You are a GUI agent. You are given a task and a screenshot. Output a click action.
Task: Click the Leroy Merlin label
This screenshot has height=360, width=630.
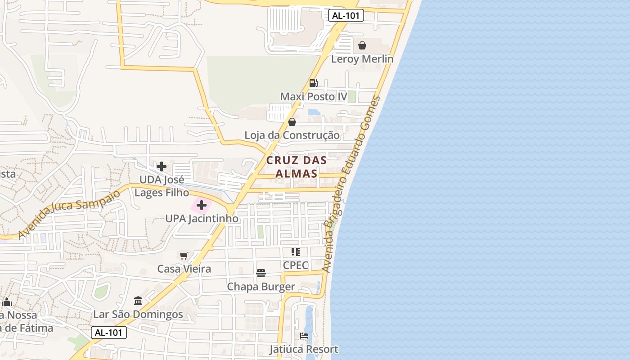(362, 59)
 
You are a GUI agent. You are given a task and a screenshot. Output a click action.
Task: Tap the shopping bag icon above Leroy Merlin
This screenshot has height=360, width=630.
(362, 45)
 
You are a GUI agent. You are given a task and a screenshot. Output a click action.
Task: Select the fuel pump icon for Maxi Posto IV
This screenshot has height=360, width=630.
(314, 83)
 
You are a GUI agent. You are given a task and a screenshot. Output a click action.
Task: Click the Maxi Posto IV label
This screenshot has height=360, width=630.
(314, 97)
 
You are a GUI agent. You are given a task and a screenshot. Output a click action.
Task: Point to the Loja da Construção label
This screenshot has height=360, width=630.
(292, 135)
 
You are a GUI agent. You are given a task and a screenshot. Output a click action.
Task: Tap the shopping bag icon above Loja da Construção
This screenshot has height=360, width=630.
(292, 122)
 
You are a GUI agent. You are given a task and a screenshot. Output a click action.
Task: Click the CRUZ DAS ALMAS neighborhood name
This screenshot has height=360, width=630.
(296, 166)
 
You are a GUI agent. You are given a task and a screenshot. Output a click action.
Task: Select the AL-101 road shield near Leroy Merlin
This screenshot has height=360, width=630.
(346, 16)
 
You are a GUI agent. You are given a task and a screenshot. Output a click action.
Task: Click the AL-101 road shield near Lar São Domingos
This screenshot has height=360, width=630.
(109, 333)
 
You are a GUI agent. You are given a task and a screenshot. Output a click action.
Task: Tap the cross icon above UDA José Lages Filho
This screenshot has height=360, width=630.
(162, 166)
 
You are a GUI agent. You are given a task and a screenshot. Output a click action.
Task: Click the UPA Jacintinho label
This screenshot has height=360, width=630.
(202, 219)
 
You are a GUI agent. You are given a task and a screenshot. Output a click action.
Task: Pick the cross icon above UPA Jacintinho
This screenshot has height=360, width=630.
(202, 206)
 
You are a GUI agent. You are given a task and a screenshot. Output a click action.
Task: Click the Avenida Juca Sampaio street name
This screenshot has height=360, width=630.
(70, 213)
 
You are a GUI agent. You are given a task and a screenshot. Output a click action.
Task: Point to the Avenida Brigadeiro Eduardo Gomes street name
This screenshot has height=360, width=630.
(351, 184)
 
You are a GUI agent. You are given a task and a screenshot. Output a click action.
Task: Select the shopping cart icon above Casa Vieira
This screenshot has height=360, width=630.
(184, 256)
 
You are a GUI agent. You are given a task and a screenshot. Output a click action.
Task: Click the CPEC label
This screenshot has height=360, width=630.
(296, 265)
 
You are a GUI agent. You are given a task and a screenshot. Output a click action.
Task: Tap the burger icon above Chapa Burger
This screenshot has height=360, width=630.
(261, 273)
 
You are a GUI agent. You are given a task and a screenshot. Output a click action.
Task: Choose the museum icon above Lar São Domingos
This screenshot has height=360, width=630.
(138, 301)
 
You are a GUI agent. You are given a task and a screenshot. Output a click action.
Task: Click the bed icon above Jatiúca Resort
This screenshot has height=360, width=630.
(304, 336)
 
